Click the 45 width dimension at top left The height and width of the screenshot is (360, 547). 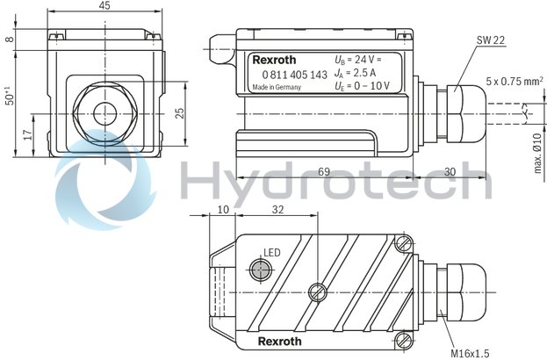[104, 7]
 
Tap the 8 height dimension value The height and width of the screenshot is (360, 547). [8, 39]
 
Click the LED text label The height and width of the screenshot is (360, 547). [271, 253]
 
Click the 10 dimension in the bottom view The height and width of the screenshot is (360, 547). [222, 212]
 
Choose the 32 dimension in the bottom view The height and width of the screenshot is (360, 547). [277, 212]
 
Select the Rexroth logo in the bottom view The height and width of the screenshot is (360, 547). [281, 340]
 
